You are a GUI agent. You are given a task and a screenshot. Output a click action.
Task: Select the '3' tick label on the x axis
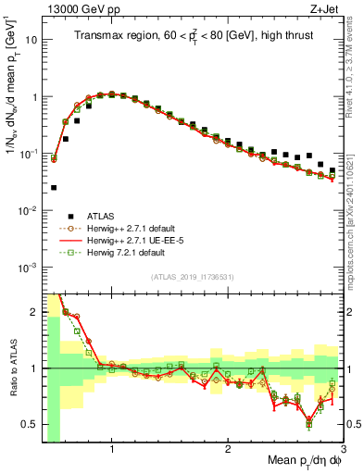click(342, 449)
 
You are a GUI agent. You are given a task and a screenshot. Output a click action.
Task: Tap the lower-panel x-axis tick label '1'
click(112, 449)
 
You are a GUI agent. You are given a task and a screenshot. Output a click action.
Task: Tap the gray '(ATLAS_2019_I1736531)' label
click(193, 277)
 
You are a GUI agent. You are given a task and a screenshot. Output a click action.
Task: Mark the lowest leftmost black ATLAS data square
click(54, 187)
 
